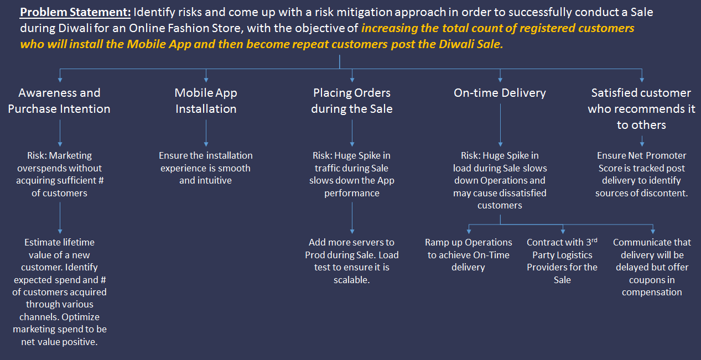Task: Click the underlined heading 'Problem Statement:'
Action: coord(75,12)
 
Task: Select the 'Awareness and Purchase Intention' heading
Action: coord(59,101)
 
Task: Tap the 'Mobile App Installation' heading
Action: coord(206,101)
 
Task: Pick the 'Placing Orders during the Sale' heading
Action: coord(352,101)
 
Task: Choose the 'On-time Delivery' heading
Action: coord(500,93)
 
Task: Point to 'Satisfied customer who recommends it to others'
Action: coord(641,108)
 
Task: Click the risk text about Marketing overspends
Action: coord(59,174)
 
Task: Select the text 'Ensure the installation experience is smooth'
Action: coord(206,161)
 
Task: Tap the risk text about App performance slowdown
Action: coord(352,174)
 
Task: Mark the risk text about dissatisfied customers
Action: coord(500,180)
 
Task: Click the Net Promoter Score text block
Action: coord(642,174)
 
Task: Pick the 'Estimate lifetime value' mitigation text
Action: coord(59,292)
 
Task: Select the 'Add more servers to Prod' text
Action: coord(352,261)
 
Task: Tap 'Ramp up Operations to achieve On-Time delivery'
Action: coord(469,254)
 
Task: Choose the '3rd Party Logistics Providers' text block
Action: coord(562,261)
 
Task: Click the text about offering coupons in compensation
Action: coord(652,267)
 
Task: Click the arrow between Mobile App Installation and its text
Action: coord(206,133)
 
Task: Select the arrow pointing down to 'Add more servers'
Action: coord(352,218)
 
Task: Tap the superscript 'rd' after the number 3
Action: coord(594,240)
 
